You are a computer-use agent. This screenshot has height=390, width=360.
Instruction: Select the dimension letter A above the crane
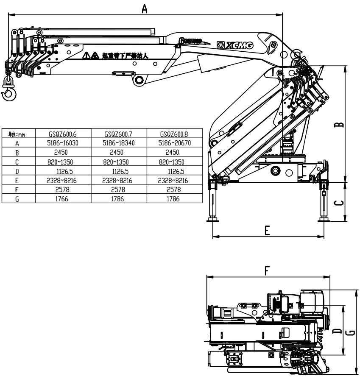click(145, 8)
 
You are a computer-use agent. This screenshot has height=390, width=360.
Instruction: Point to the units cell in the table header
click(18, 134)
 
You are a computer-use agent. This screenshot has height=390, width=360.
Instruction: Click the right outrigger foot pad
click(325, 219)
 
